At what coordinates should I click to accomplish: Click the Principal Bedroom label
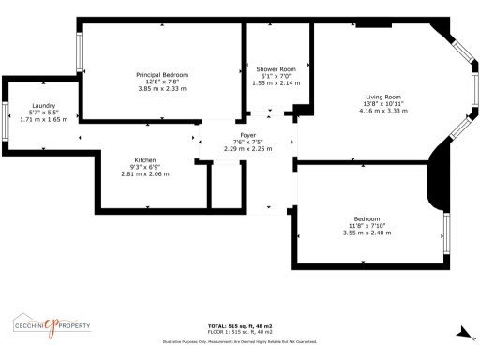[x=163, y=75]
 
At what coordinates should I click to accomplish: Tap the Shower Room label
[x=276, y=69]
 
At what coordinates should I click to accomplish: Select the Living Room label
[x=383, y=97]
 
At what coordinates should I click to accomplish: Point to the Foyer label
[x=248, y=135]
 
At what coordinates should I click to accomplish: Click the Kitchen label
[x=145, y=160]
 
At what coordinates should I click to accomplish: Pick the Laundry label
[x=44, y=106]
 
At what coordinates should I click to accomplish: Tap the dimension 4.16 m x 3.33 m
[x=383, y=110]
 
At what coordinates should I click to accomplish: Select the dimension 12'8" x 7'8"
[x=163, y=82]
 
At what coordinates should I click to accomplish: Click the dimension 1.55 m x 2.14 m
[x=276, y=82]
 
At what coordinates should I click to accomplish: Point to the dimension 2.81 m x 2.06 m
[x=145, y=173]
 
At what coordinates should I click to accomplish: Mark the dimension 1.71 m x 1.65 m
[x=44, y=120]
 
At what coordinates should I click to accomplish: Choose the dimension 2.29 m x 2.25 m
[x=248, y=148]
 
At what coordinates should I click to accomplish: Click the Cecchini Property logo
[x=52, y=325]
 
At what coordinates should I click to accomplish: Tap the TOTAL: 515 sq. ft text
[x=240, y=326]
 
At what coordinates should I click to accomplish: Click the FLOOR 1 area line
[x=240, y=332]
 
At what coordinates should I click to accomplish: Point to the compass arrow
[x=461, y=332]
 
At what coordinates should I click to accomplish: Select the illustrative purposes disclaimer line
[x=240, y=341]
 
